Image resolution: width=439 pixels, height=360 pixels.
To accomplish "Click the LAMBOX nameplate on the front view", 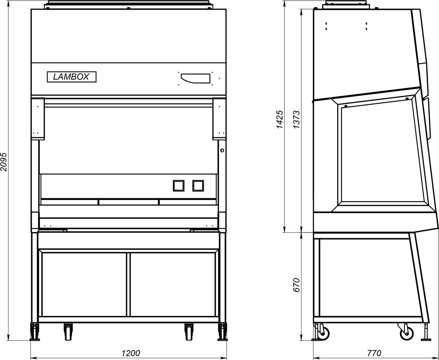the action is [72, 77].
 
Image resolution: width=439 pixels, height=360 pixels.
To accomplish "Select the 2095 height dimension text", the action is [4, 162].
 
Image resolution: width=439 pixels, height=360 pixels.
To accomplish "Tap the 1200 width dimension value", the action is [131, 353].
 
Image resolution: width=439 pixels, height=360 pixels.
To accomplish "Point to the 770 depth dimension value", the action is [374, 353].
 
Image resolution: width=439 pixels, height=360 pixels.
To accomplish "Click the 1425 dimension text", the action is [280, 119].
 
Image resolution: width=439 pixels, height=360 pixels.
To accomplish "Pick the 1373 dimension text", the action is [296, 119].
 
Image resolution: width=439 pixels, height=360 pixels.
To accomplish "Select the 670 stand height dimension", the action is [296, 285].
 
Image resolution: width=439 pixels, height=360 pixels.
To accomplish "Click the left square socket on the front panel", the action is [178, 185].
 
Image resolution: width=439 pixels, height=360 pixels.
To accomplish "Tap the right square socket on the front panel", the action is [198, 185].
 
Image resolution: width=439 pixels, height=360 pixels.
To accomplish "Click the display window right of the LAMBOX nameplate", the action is [195, 78].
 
